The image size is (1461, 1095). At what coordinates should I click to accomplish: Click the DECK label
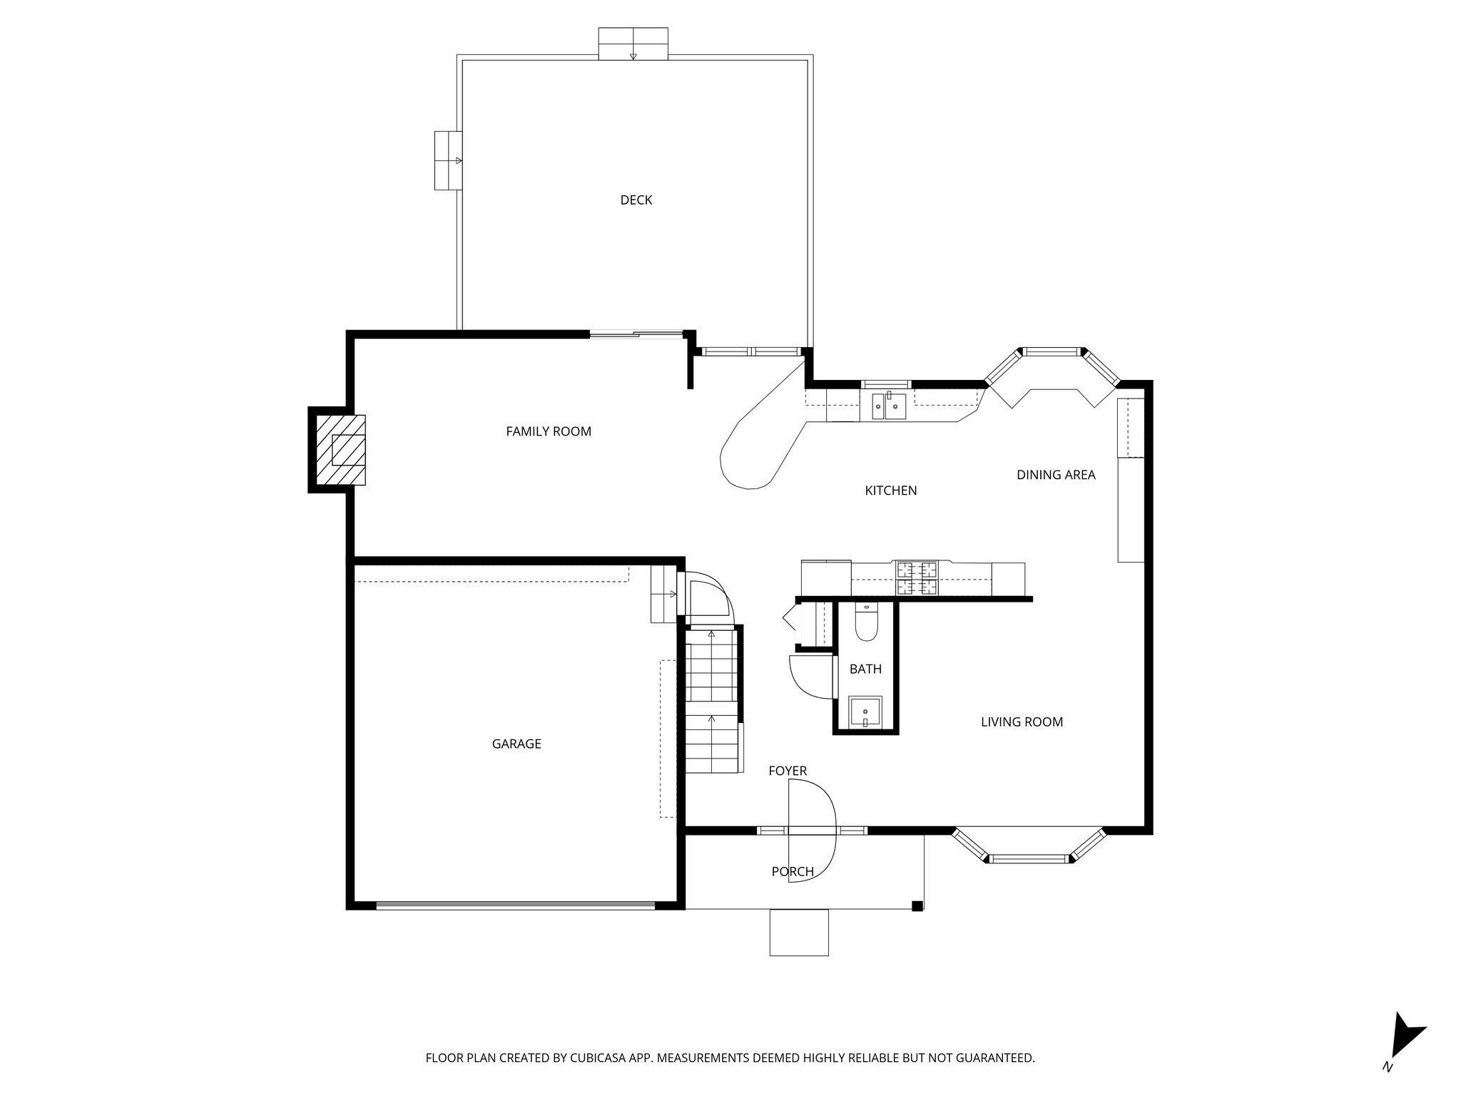pyautogui.click(x=636, y=200)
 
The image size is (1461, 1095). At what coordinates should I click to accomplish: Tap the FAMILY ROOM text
pyautogui.click(x=548, y=431)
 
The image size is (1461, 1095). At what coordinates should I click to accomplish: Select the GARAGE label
pyautogui.click(x=516, y=744)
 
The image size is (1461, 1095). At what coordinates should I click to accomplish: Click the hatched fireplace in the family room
pyautogui.click(x=341, y=450)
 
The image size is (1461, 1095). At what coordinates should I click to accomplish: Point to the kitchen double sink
pyautogui.click(x=888, y=406)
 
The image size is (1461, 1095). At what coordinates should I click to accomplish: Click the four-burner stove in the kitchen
pyautogui.click(x=917, y=578)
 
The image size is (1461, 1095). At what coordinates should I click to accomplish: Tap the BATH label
pyautogui.click(x=865, y=669)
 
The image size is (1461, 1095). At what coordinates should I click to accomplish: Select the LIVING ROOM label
pyautogui.click(x=1022, y=722)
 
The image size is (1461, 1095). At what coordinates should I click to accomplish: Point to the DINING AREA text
pyautogui.click(x=1056, y=475)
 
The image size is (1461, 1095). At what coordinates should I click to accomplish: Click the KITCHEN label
pyautogui.click(x=890, y=490)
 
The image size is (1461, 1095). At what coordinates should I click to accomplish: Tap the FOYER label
pyautogui.click(x=788, y=771)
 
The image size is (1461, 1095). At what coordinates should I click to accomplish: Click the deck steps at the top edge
pyautogui.click(x=633, y=44)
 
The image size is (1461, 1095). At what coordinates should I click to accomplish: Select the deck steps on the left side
pyautogui.click(x=448, y=160)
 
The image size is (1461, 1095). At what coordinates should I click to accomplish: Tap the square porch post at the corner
pyautogui.click(x=917, y=906)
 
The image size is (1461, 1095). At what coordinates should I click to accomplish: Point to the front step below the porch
pyautogui.click(x=799, y=932)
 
